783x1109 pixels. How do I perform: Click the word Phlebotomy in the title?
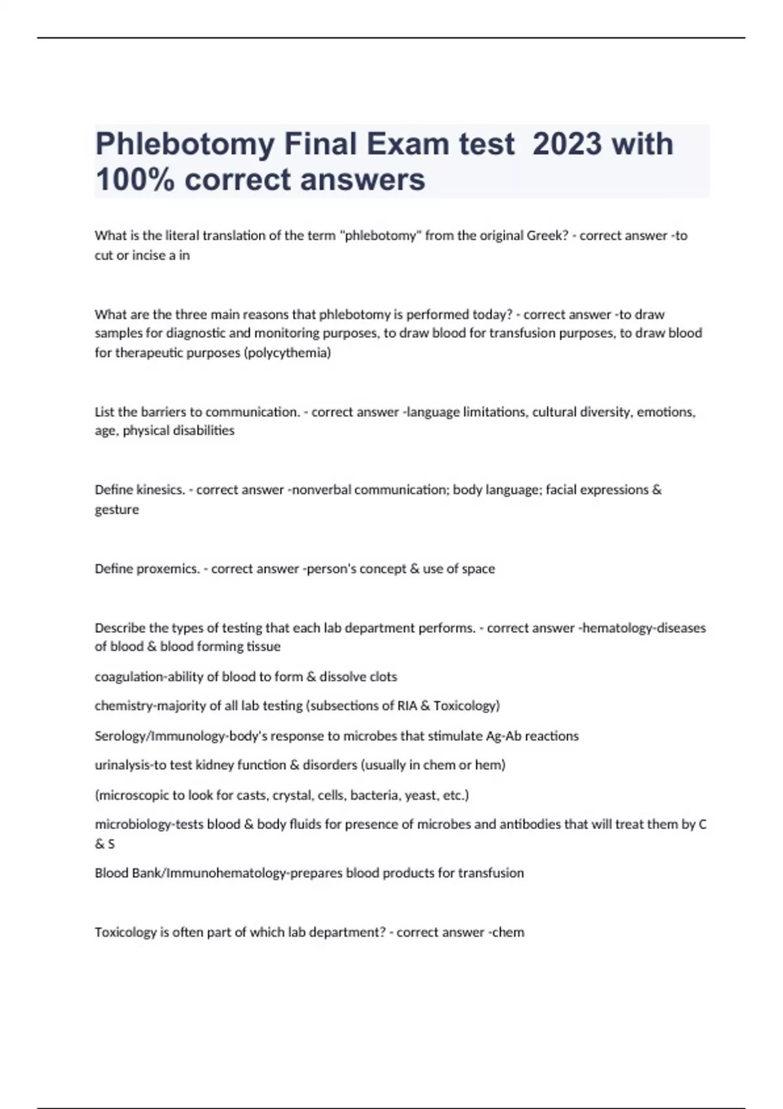(x=185, y=144)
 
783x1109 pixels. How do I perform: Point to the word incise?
(x=149, y=255)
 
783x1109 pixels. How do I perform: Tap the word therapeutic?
(x=149, y=353)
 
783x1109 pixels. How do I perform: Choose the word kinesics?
(x=161, y=490)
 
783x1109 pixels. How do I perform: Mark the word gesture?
(x=117, y=509)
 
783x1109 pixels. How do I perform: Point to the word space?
(x=478, y=569)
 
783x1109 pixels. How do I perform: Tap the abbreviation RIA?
(x=407, y=706)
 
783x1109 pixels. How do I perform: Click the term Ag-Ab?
(x=504, y=736)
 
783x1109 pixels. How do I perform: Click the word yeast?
(x=420, y=795)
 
